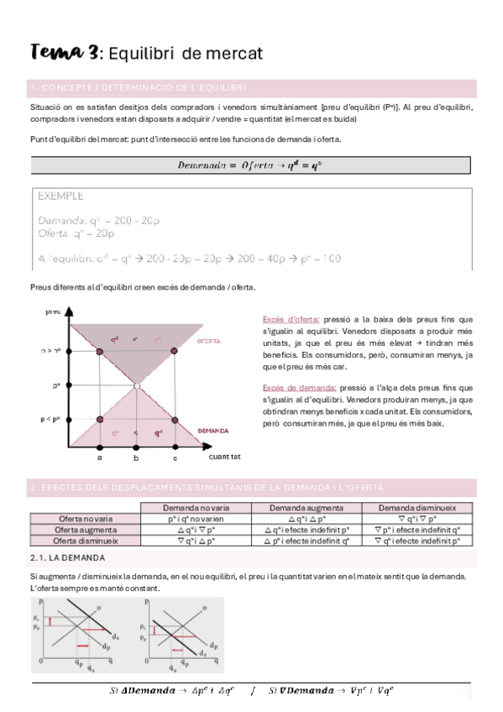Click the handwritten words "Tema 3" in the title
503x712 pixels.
pyautogui.click(x=63, y=53)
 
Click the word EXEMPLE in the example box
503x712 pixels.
pyautogui.click(x=60, y=196)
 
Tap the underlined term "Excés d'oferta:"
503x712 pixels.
pyautogui.click(x=291, y=319)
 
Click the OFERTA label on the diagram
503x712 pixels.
pyautogui.click(x=208, y=342)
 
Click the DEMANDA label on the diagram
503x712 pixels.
pyautogui.click(x=212, y=431)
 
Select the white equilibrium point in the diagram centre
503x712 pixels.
pyautogui.click(x=136, y=385)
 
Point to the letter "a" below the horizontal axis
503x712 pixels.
pyautogui.click(x=99, y=458)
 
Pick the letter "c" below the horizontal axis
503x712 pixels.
pyautogui.click(x=175, y=458)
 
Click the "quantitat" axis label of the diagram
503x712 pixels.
pyautogui.click(x=224, y=458)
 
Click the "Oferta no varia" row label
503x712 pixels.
pyautogui.click(x=85, y=519)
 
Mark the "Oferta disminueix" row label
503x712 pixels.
pyautogui.click(x=85, y=541)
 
